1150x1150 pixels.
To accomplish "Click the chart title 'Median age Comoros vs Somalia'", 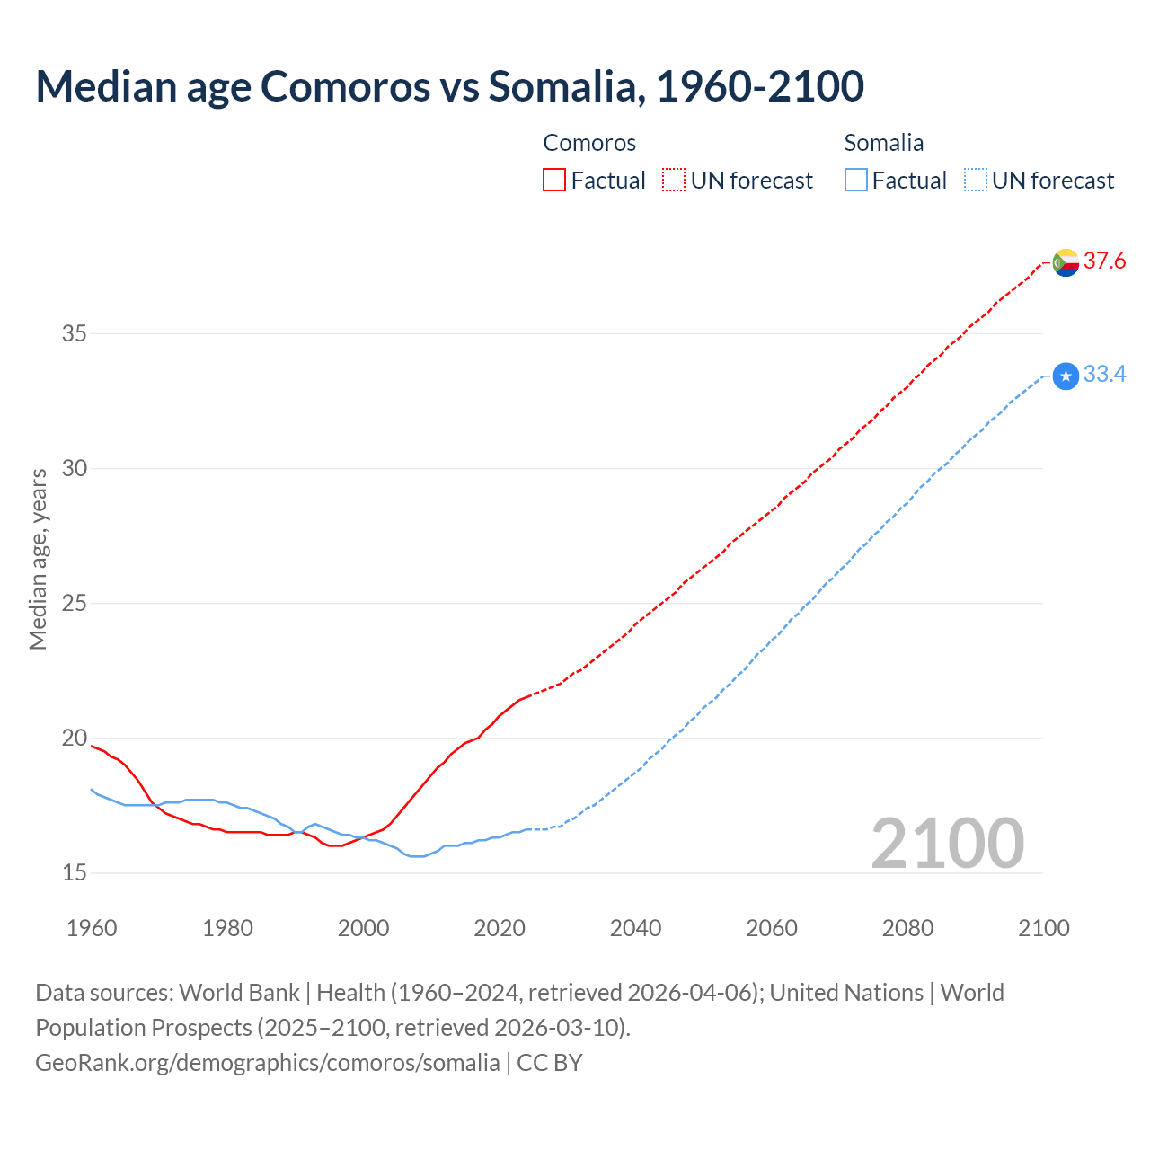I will point(449,86).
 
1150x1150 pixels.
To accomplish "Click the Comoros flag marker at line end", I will point(1066,262).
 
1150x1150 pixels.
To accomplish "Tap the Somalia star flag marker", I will point(1066,376).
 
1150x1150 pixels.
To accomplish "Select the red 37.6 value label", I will point(1104,261).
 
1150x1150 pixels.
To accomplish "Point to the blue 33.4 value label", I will point(1104,375).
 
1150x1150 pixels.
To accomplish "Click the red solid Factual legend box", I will point(554,180).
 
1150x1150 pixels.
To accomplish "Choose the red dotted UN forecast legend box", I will point(674,180).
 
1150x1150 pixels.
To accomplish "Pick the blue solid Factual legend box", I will point(856,180).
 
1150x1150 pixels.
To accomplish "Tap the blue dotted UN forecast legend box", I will point(976,180).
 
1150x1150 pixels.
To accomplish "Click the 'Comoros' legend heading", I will point(589,143).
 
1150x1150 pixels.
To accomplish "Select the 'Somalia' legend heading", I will point(883,143).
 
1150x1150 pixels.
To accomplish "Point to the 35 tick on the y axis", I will point(74,334).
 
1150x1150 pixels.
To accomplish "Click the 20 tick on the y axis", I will point(74,739).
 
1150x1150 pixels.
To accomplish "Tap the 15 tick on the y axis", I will point(74,873).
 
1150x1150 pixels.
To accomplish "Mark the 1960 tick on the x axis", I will point(92,928).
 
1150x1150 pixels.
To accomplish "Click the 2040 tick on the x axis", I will point(635,928).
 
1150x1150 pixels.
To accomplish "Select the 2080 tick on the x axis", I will point(907,928).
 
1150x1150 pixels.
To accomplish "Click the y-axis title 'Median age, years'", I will point(38,559).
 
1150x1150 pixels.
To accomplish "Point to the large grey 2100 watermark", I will point(947,844).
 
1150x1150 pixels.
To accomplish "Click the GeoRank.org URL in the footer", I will point(267,1063).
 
